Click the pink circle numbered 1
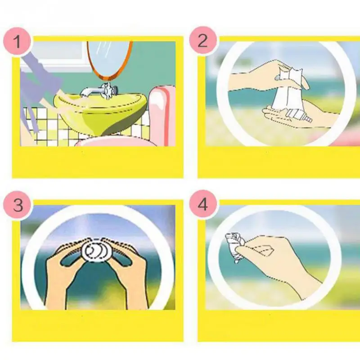(x=17, y=41)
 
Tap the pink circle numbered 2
(x=203, y=40)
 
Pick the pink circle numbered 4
(x=203, y=204)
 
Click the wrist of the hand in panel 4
(x=309, y=285)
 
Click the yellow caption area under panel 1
(x=98, y=162)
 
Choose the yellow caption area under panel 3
(x=98, y=325)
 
